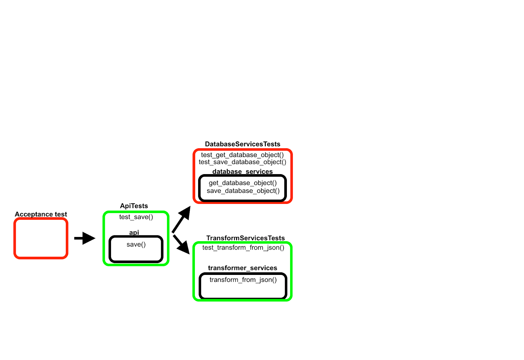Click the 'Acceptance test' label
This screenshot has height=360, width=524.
41,214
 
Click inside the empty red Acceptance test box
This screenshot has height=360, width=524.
41,238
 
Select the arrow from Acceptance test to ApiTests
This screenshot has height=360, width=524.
84,238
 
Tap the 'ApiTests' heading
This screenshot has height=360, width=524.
134,206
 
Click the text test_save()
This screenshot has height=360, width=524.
136,217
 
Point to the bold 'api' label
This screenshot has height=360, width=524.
134,232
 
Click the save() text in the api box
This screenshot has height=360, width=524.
136,244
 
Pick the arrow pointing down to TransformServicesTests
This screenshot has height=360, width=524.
181,244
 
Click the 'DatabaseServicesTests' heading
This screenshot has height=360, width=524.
242,144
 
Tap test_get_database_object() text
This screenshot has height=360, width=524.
242,155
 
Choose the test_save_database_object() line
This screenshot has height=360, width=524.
242,162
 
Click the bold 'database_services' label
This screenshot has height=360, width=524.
242,171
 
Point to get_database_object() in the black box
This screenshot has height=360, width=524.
243,183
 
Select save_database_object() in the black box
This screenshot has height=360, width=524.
243,191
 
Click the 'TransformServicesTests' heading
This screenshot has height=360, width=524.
245,238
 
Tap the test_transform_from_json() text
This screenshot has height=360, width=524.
243,248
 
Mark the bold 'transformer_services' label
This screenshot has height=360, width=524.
242,268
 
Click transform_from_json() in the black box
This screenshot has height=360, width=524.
243,280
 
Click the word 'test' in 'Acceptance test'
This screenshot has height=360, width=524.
61,214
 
